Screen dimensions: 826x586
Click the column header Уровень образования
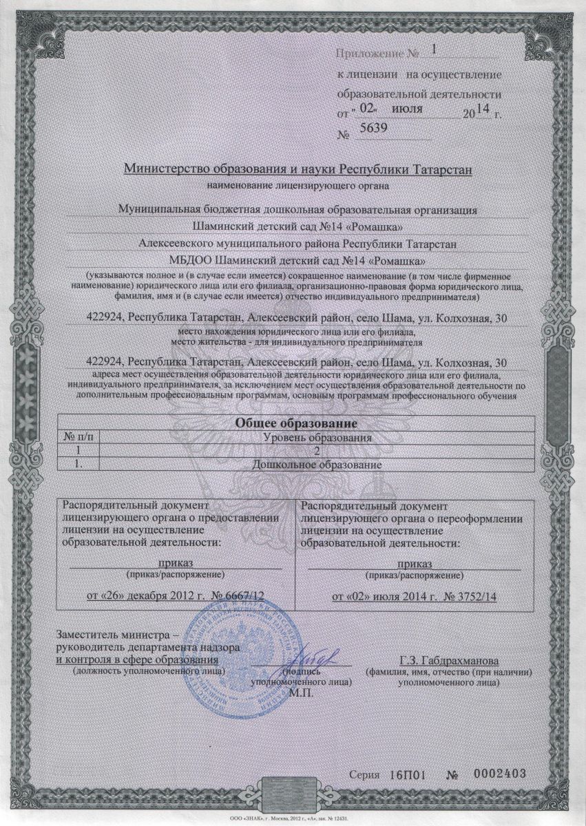coord(317,438)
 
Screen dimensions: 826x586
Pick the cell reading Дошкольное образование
coord(317,465)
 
